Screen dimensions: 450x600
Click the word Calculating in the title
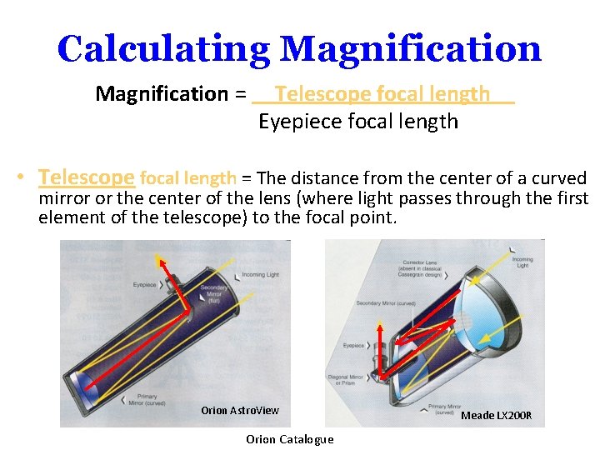[162, 49]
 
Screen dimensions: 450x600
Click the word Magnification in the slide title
[411, 49]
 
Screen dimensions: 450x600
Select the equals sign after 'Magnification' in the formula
[240, 94]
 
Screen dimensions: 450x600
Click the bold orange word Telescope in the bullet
[87, 177]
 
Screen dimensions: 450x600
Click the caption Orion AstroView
[240, 410]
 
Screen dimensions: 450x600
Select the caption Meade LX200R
[496, 415]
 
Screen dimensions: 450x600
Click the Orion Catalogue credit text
[290, 439]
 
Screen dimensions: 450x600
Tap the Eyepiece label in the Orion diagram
[145, 284]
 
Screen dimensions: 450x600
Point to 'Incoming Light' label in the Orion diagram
[260, 274]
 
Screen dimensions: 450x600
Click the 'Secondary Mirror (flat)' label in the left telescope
[213, 292]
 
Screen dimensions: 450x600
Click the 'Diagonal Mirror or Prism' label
[345, 381]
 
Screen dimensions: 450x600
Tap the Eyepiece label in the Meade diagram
[354, 345]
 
